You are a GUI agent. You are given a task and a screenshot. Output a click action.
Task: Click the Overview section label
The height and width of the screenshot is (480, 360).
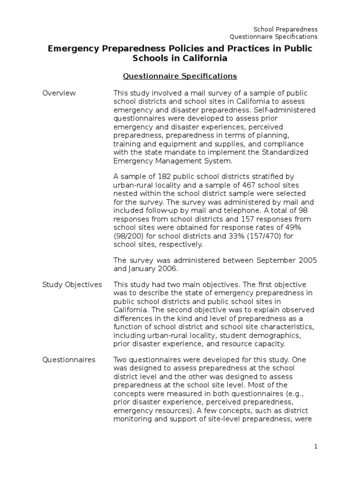[x=59, y=93]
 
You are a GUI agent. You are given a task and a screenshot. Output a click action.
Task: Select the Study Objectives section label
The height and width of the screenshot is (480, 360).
[x=72, y=285]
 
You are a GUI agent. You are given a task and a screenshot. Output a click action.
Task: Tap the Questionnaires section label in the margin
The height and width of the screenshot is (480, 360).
[x=69, y=360]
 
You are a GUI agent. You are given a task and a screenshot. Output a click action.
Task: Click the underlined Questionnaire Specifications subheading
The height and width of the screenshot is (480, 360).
[x=180, y=75]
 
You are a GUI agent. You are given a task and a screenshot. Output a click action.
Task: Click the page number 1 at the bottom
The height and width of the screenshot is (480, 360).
[x=316, y=447]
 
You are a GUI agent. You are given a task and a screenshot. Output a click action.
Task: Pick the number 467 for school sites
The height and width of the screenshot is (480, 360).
[x=246, y=185]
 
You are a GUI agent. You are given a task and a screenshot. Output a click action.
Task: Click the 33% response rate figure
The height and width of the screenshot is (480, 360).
[x=222, y=236]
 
